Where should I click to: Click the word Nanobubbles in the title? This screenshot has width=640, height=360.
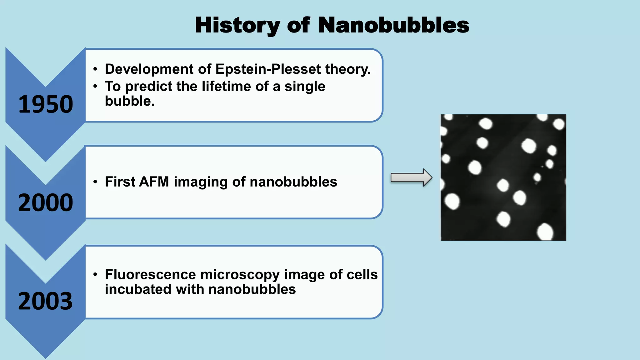point(393,25)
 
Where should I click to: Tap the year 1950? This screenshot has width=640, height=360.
point(46,104)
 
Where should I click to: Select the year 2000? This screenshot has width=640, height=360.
point(46,203)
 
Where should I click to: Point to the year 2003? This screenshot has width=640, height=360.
point(46,301)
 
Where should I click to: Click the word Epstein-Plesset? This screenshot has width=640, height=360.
point(268,69)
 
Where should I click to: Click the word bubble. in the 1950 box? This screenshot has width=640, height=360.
point(130,101)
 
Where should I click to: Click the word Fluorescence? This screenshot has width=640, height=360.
point(150,275)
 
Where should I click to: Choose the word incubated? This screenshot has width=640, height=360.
point(138,289)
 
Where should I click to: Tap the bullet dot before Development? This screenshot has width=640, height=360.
point(95,69)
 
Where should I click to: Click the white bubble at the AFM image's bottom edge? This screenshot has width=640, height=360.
point(545,232)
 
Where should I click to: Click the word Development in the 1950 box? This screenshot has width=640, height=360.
point(149,69)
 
